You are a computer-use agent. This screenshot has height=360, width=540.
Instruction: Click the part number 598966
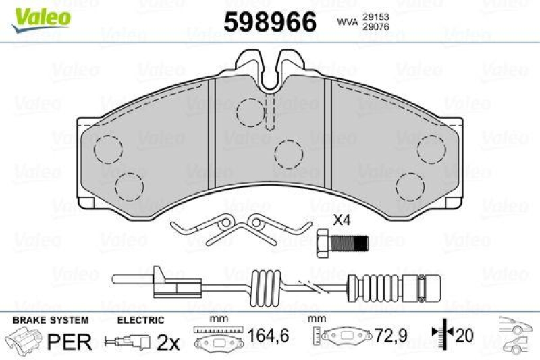271,22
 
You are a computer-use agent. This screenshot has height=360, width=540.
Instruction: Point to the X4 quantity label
343,221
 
